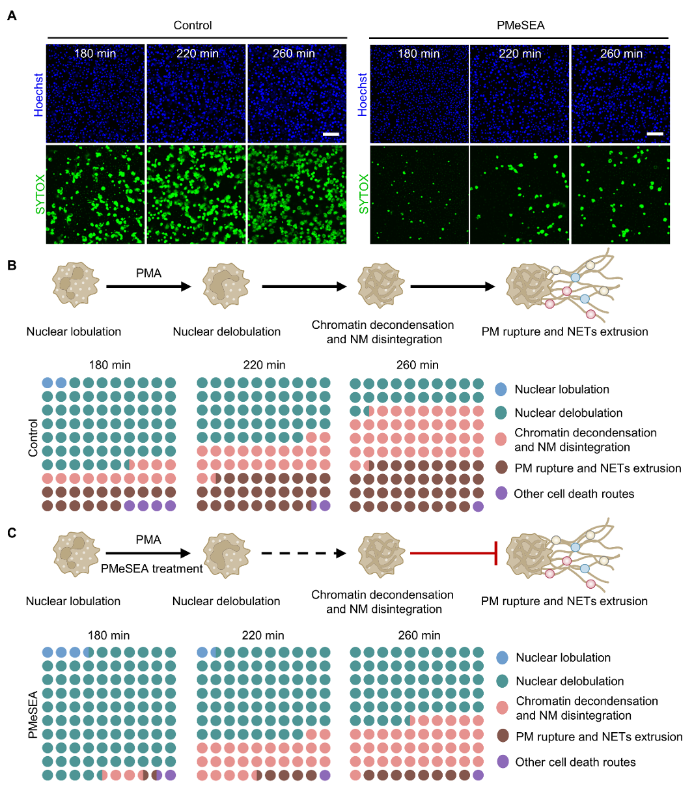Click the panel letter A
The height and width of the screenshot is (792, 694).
click(12, 16)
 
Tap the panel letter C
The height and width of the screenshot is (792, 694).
click(12, 533)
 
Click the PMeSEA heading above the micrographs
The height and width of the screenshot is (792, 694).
click(520, 25)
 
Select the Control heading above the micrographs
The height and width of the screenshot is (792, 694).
click(193, 25)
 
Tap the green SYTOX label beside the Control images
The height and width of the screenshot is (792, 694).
click(40, 194)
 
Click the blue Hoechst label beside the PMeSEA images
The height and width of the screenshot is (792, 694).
click(363, 94)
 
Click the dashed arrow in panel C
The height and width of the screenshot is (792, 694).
click(303, 554)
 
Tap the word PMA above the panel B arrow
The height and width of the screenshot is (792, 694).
click(148, 274)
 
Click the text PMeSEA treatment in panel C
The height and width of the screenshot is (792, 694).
click(152, 569)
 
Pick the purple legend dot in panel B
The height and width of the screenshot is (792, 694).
click(501, 493)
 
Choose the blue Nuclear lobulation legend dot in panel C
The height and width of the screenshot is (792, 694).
click(502, 657)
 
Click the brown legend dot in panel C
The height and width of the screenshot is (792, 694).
click(502, 736)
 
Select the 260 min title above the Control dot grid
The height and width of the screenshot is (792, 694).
click(417, 365)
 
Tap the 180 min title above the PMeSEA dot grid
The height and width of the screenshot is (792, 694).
click(109, 635)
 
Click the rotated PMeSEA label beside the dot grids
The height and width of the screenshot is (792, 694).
click(33, 714)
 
